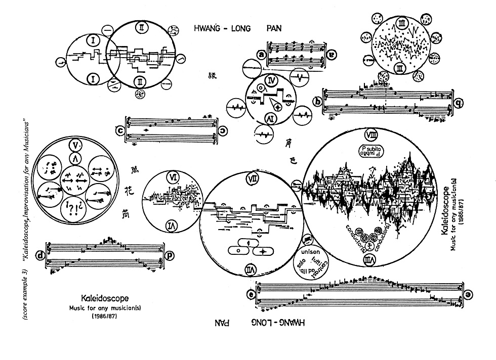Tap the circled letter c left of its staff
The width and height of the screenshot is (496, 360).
[120, 129]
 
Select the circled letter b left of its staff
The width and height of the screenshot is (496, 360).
[318, 102]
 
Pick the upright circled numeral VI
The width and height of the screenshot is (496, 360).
[172, 177]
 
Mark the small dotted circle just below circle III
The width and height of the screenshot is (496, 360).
[383, 77]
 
